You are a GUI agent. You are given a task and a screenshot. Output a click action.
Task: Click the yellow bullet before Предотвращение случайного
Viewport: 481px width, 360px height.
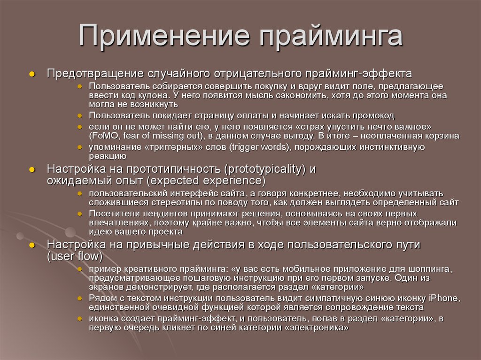32,74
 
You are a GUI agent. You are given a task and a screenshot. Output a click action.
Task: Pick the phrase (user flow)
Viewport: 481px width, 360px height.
75,256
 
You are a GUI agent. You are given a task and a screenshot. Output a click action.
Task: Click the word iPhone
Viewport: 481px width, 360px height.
443,299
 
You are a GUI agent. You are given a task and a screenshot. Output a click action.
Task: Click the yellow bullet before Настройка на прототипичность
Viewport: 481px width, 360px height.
32,170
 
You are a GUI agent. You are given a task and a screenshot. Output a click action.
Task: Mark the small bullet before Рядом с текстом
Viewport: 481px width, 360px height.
81,299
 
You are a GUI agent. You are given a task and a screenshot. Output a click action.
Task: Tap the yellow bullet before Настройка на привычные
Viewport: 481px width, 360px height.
32,245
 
